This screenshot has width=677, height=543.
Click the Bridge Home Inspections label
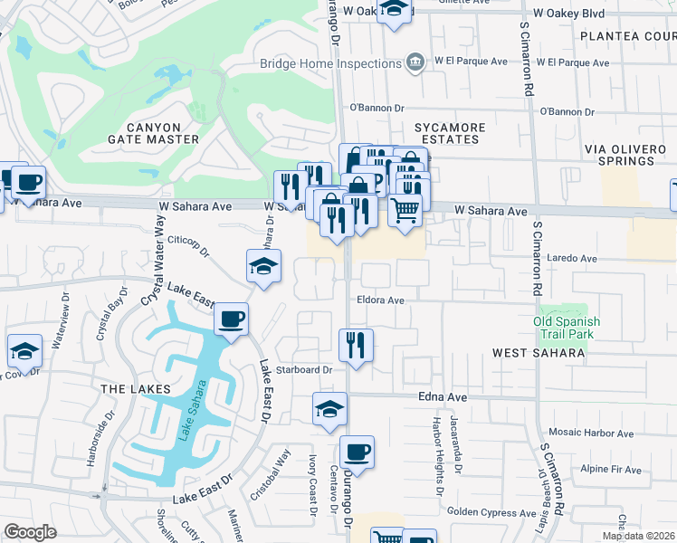tap(329, 62)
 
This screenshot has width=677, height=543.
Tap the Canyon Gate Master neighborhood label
tap(153, 133)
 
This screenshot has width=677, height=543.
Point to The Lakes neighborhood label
tap(136, 389)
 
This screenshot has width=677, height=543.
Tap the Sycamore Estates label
tap(450, 133)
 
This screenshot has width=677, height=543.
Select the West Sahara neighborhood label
tap(539, 352)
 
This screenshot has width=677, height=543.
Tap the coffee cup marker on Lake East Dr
tap(231, 319)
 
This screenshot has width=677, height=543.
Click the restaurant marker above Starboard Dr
tap(356, 345)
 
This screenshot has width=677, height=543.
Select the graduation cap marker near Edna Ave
tap(329, 408)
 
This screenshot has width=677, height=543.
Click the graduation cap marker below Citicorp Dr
tap(263, 266)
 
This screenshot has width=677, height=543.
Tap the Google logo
tap(30, 532)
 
